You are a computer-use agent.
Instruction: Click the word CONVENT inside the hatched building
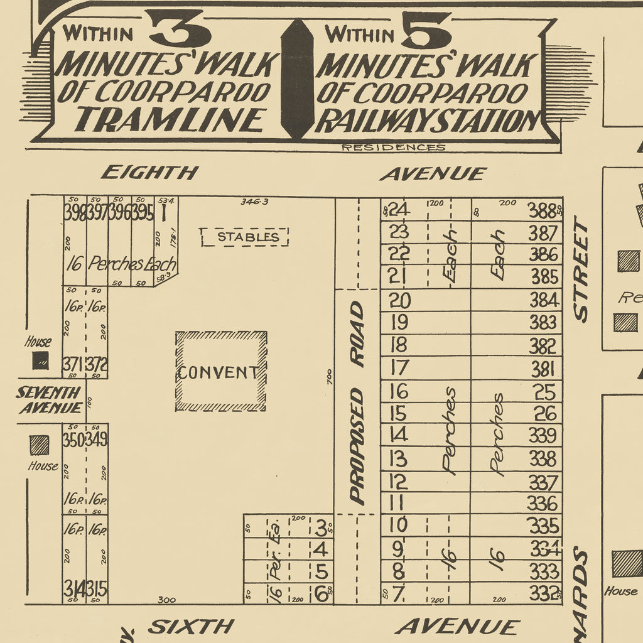218,372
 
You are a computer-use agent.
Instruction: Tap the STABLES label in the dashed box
247,237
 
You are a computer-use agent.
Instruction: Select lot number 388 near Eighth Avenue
543,210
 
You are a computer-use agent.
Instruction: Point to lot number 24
399,209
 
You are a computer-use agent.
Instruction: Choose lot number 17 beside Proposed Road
399,367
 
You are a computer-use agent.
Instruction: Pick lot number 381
543,368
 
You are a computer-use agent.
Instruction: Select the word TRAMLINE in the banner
168,119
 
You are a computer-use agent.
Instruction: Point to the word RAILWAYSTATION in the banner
428,121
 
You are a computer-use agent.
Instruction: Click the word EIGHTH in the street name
149,172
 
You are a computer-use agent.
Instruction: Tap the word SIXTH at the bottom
192,626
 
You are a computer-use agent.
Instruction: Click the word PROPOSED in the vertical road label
357,446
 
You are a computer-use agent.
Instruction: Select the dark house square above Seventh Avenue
41,360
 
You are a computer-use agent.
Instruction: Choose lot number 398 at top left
74,213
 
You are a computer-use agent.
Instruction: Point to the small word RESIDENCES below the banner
393,148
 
